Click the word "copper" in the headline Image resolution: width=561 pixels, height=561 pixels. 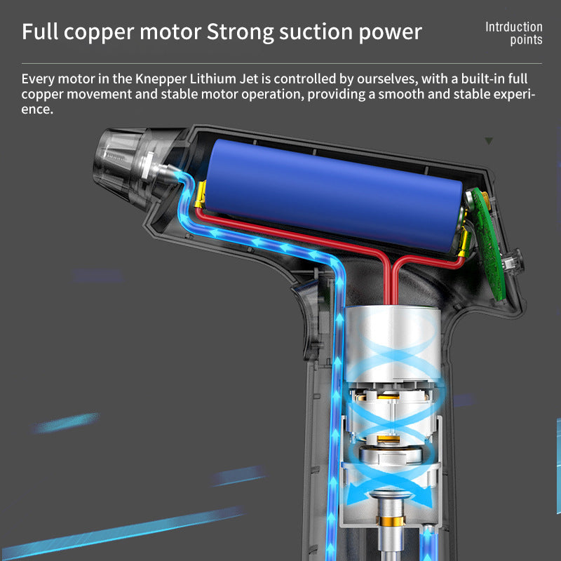point(111,33)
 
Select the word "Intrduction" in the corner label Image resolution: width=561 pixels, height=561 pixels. point(514,27)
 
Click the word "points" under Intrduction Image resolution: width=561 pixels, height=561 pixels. point(526,40)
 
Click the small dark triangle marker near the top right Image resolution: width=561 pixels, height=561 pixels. point(489,141)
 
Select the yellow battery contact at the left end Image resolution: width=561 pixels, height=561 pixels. point(201,193)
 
